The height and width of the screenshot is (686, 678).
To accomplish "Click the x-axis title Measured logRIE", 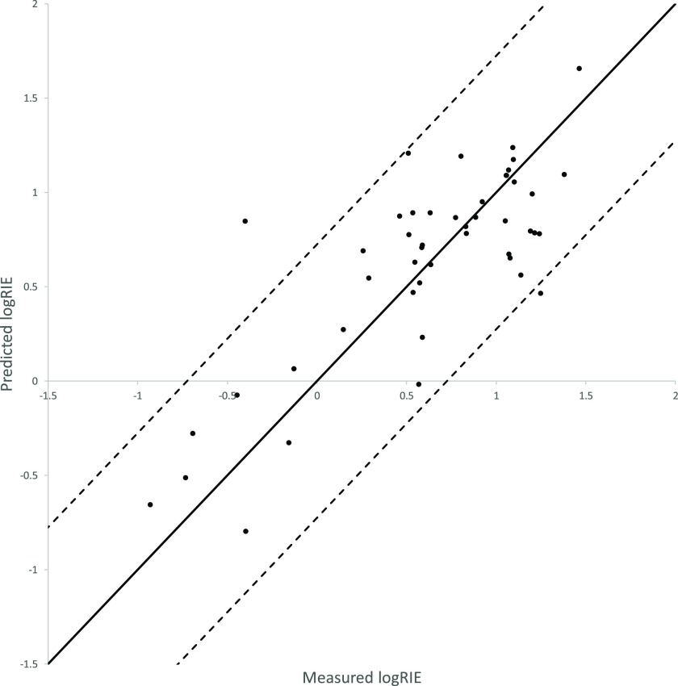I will (x=362, y=676).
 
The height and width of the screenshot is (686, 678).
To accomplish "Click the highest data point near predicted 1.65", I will (x=580, y=69).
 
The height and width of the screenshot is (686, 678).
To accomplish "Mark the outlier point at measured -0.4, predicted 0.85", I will (x=245, y=221).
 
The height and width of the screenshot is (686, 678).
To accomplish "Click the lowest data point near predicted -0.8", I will (x=245, y=531).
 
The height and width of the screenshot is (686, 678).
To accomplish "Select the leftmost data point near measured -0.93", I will (x=150, y=504).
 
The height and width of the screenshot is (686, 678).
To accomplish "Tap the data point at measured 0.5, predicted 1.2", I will (x=408, y=153).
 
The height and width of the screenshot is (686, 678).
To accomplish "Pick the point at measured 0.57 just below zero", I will (x=419, y=384).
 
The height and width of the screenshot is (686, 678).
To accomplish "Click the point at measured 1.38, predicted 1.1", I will (x=564, y=174).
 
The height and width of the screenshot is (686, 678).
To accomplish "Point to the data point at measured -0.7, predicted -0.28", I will (x=193, y=433).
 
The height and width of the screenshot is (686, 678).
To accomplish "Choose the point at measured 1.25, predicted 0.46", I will (x=541, y=294).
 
